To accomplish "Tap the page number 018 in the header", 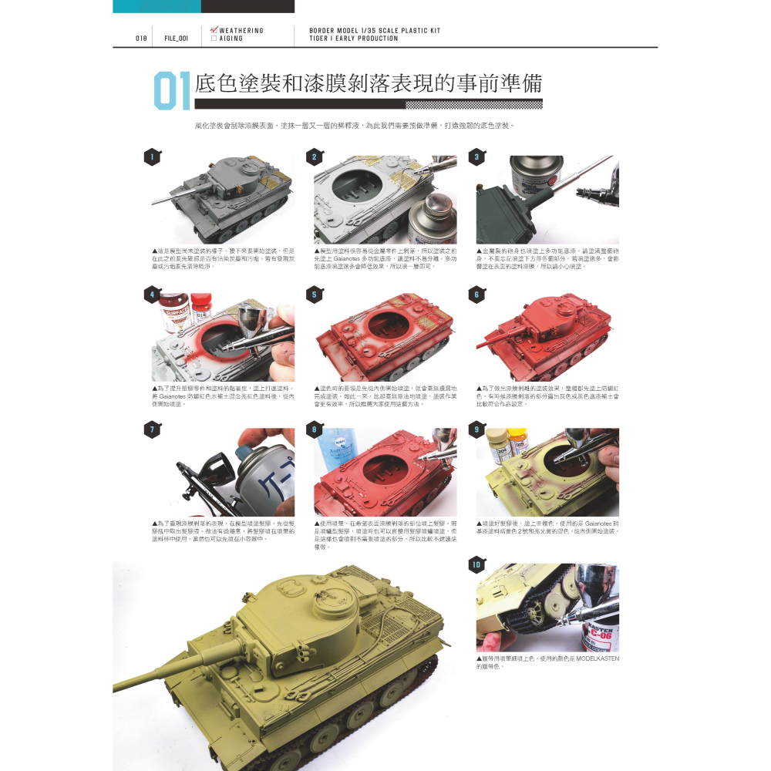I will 141,38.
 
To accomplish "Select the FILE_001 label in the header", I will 177,38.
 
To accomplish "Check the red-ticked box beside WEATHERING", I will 214,30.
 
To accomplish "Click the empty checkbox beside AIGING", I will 214,38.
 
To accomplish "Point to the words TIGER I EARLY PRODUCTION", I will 354,38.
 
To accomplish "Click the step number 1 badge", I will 153,157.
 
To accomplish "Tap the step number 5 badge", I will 314,295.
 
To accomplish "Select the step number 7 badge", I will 153,429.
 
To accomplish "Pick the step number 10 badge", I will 476,565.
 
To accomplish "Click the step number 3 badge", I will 476,157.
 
